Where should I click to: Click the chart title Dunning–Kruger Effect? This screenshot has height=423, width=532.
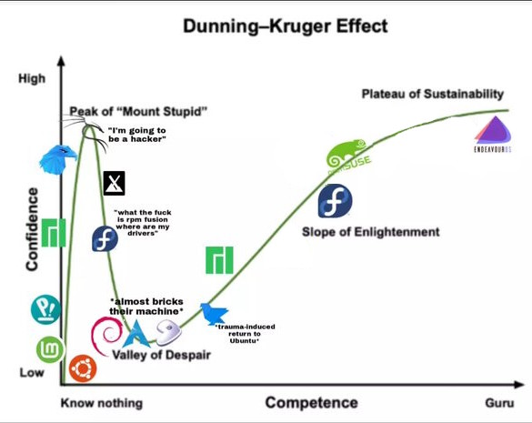tap(286, 26)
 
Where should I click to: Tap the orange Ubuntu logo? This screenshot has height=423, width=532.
tap(83, 368)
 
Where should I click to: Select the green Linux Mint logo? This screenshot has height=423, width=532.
tap(50, 349)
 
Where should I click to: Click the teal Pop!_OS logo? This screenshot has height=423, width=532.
tap(45, 309)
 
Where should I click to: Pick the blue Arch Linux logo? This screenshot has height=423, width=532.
tap(136, 335)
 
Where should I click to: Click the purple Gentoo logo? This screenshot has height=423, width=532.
tap(168, 332)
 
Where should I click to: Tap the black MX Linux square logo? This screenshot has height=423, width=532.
tap(114, 184)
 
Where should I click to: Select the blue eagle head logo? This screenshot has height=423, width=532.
tap(58, 159)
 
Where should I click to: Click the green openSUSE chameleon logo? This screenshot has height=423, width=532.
tap(347, 156)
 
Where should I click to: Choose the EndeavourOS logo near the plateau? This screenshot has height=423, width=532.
tap(493, 134)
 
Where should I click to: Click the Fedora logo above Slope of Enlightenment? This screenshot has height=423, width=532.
tap(335, 201)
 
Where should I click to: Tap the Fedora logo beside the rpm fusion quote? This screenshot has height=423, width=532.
tap(105, 238)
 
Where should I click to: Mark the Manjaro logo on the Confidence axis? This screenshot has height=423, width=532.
tap(54, 233)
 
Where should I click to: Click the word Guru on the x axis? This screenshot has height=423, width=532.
tap(499, 403)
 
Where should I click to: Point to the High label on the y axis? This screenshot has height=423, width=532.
tap(32, 78)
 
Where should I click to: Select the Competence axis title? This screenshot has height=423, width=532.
tap(311, 403)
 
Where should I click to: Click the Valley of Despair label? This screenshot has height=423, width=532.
tap(162, 355)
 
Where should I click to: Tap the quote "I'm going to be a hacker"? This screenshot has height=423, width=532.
tap(137, 135)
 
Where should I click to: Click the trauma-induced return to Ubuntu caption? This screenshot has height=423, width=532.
tap(245, 334)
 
